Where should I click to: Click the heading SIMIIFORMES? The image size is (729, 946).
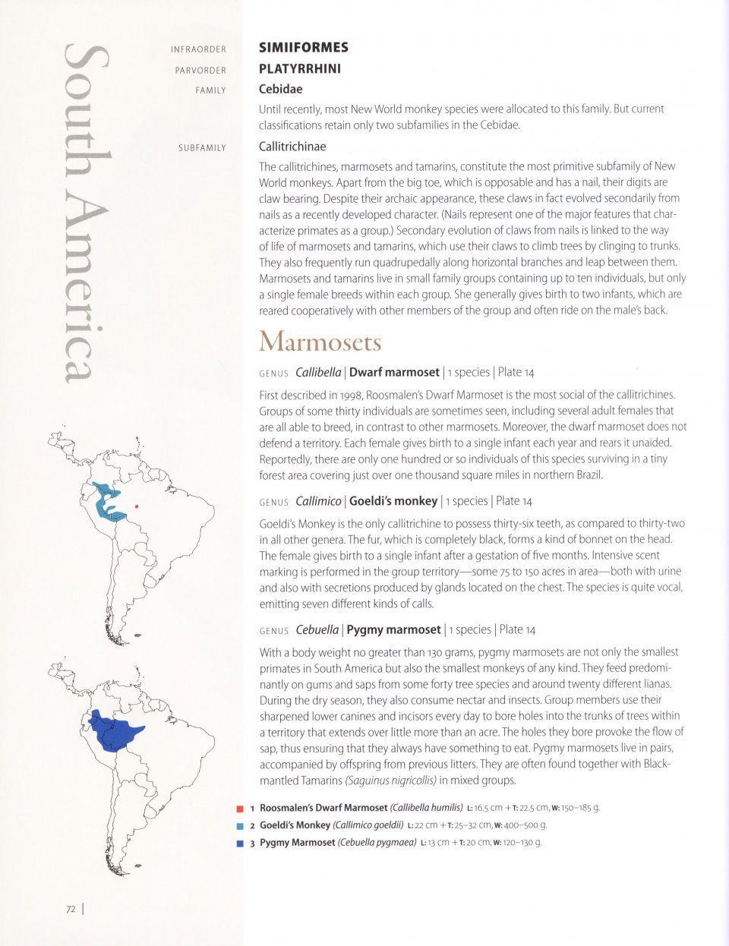tap(304, 48)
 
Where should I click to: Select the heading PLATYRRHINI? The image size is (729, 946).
tap(300, 69)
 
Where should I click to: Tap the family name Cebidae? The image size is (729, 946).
tap(280, 90)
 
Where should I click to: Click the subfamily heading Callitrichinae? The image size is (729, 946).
tap(292, 147)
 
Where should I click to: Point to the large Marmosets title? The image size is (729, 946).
tap(320, 342)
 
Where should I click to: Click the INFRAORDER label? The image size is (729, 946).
tap(198, 49)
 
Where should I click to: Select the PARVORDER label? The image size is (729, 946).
tap(200, 71)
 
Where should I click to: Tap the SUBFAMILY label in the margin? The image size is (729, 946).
tap(202, 148)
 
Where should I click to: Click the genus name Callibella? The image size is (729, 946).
tap(317, 372)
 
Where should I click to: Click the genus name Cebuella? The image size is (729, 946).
tap(317, 629)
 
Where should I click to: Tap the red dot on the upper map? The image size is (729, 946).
tap(136, 506)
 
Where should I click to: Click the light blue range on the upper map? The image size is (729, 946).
tap(106, 501)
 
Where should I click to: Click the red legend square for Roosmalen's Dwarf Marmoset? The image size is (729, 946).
tap(240, 809)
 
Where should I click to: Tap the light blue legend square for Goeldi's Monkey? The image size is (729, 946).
tap(240, 826)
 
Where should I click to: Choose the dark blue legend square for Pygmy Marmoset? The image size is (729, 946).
tap(240, 843)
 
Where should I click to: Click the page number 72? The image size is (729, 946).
tap(71, 909)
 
